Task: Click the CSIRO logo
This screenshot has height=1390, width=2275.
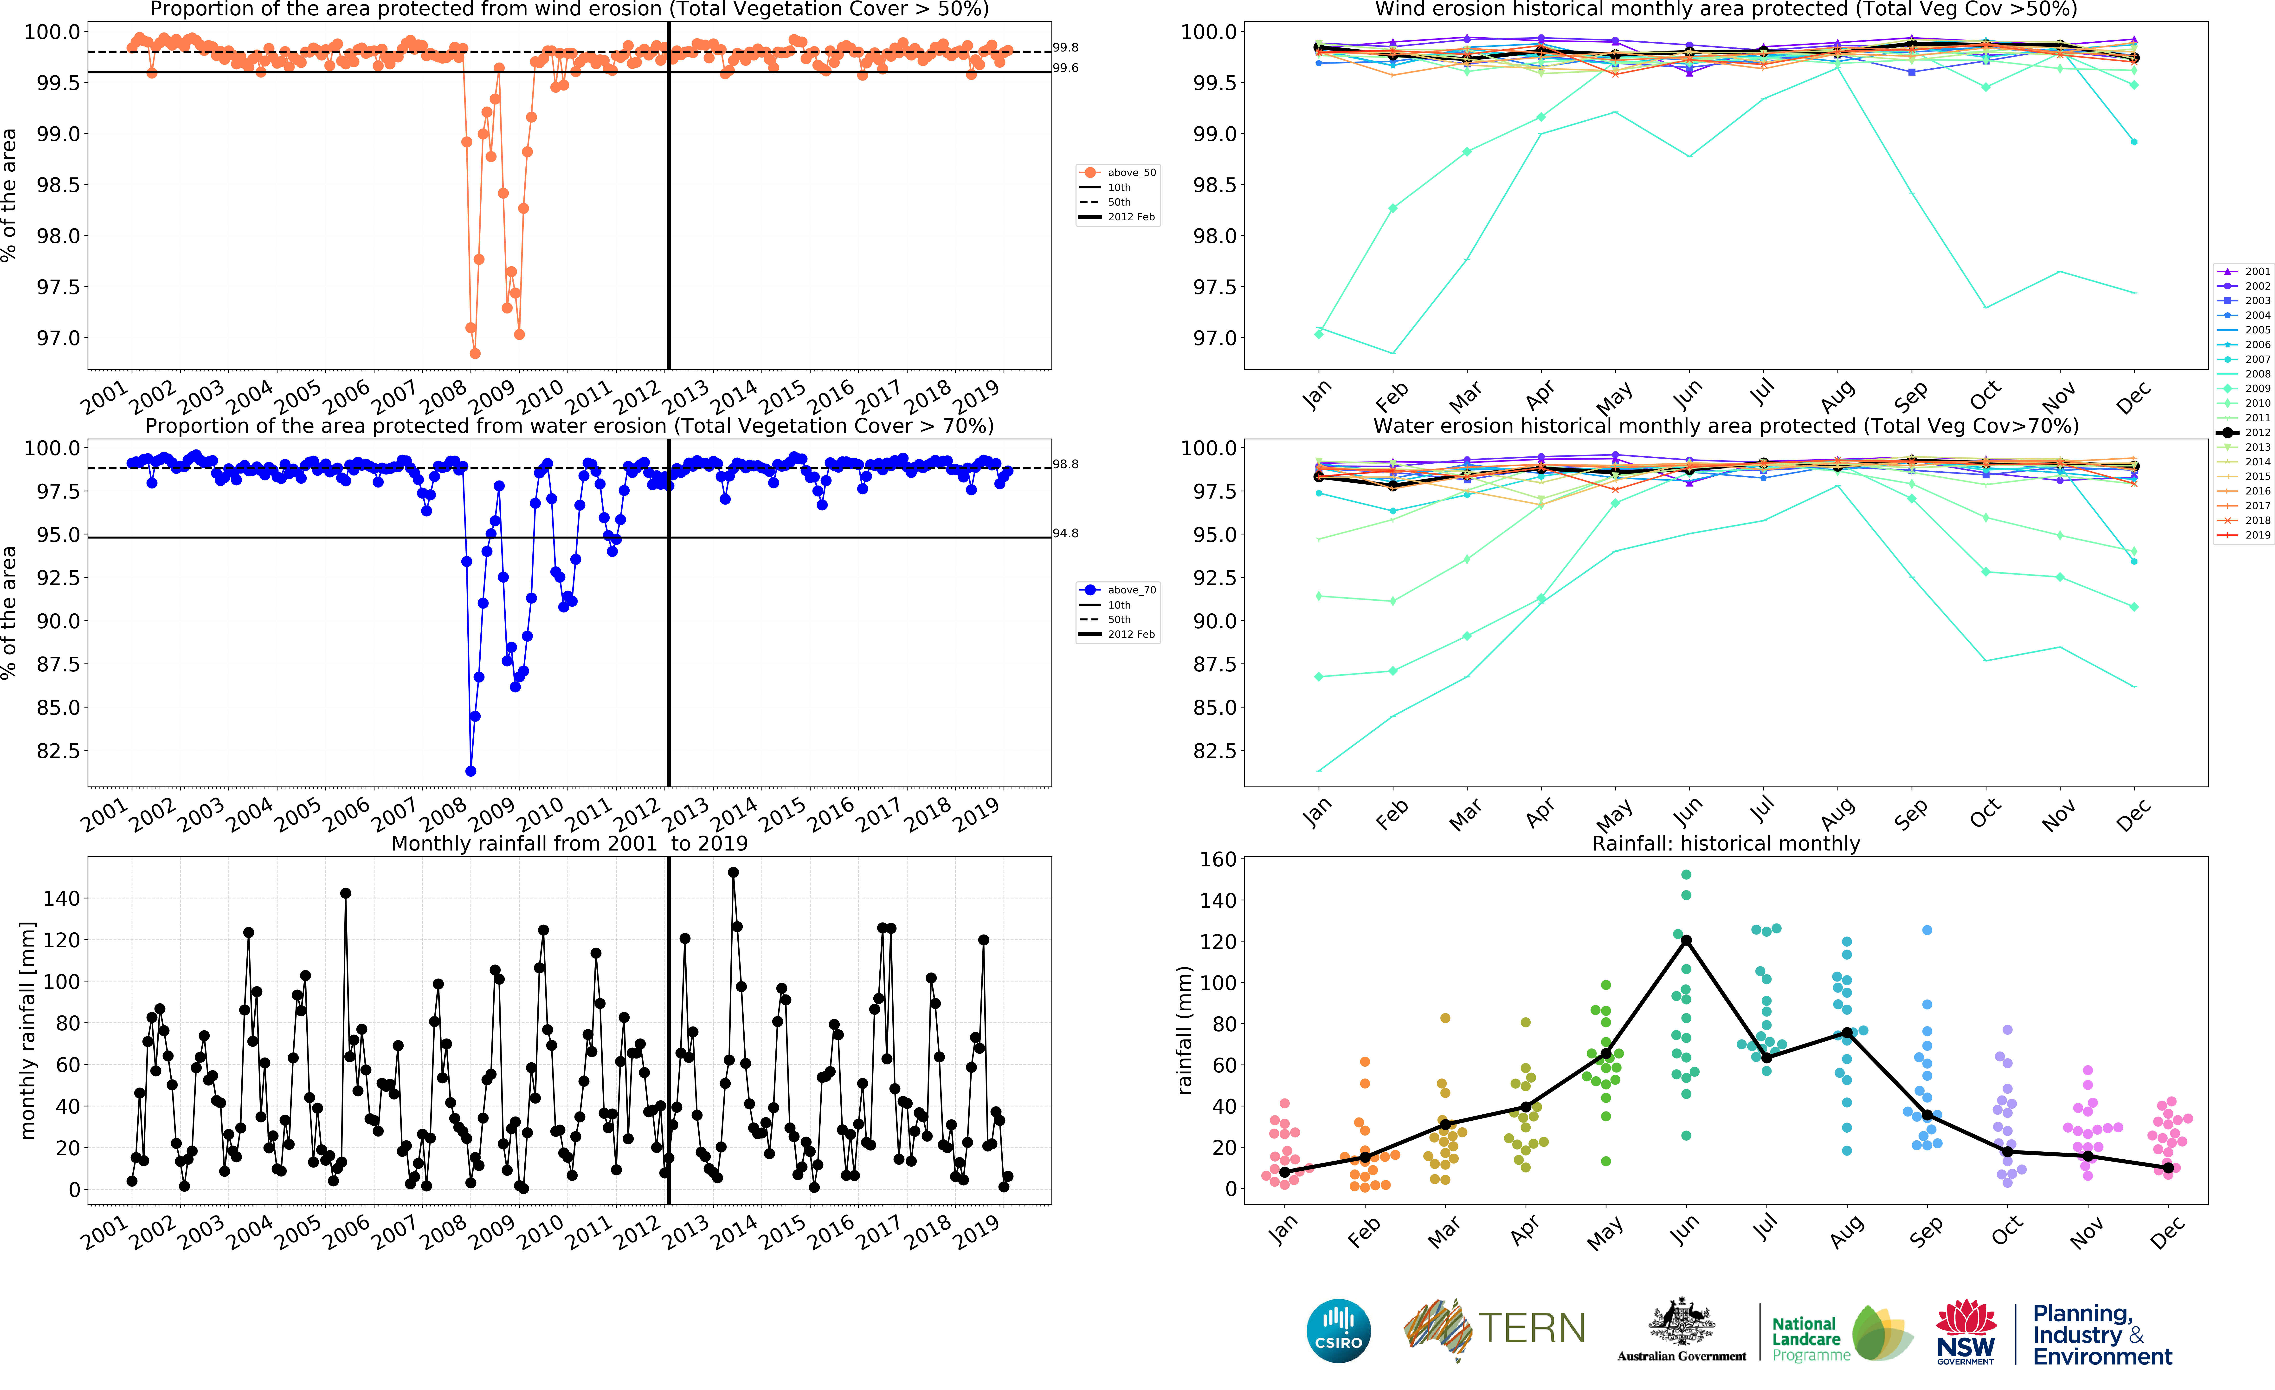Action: pyautogui.click(x=1338, y=1331)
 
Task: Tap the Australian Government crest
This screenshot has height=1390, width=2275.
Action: pyautogui.click(x=1681, y=1323)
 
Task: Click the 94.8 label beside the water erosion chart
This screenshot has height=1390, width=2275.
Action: pyautogui.click(x=1065, y=534)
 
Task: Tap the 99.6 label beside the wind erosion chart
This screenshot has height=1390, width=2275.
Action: pyautogui.click(x=1065, y=68)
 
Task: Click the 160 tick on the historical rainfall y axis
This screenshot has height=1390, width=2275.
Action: pyautogui.click(x=1217, y=859)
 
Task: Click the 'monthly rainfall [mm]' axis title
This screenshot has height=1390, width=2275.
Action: pyautogui.click(x=28, y=1030)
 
